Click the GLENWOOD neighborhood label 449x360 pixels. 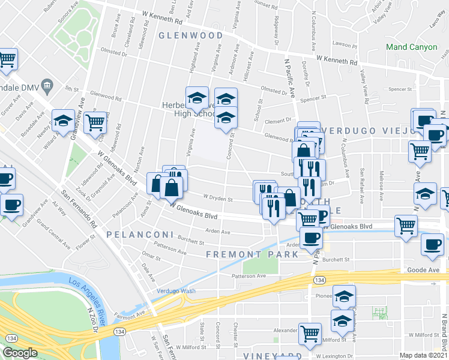pyautogui.click(x=191, y=35)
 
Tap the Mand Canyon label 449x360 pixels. pyautogui.click(x=411, y=47)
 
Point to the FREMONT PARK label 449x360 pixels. pyautogui.click(x=252, y=254)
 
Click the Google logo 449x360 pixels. pyautogui.click(x=20, y=353)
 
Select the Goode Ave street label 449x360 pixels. pyautogui.click(x=424, y=270)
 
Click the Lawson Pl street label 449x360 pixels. pyautogui.click(x=346, y=45)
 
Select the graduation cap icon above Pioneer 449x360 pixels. pyautogui.click(x=344, y=295)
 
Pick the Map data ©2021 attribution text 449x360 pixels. pyautogui.click(x=424, y=355)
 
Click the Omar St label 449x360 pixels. pyautogui.click(x=151, y=257)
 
